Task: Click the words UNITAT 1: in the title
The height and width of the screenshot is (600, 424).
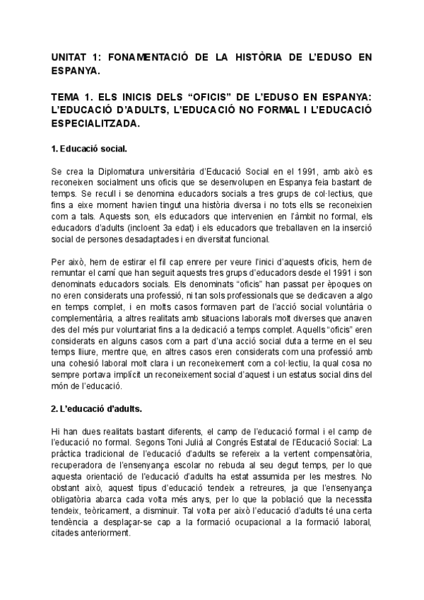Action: [x=76, y=57]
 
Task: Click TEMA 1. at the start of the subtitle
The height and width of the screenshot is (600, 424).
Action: [x=73, y=97]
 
